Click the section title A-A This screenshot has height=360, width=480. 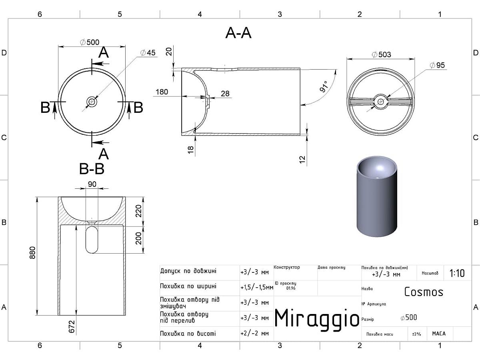pyautogui.click(x=238, y=33)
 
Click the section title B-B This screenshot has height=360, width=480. pyautogui.click(x=92, y=169)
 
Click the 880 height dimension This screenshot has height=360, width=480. pyautogui.click(x=33, y=252)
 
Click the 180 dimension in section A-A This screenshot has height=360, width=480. pyautogui.click(x=161, y=92)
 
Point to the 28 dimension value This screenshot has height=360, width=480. pyautogui.click(x=225, y=94)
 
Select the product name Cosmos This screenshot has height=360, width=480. pyautogui.click(x=424, y=292)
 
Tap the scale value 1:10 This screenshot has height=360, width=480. pyautogui.click(x=457, y=274)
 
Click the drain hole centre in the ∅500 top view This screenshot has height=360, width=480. pyautogui.click(x=92, y=102)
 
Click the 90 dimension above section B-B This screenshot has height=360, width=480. pyautogui.click(x=92, y=184)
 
